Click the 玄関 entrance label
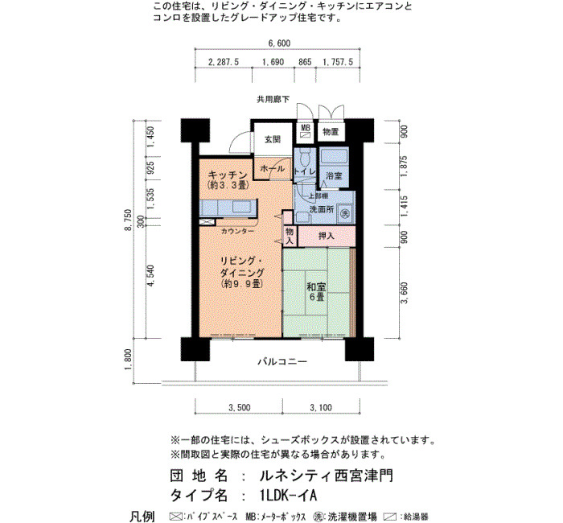click(273, 140)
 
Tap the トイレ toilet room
click(305, 168)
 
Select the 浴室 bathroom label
click(334, 175)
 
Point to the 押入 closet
click(327, 236)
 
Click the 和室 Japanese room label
click(316, 287)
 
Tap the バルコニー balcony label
click(282, 361)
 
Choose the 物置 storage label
click(331, 132)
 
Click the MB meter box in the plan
click(306, 132)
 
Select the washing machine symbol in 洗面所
click(345, 213)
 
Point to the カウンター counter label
click(237, 232)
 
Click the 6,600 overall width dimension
click(279, 43)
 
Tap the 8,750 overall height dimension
click(129, 220)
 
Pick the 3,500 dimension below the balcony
click(240, 408)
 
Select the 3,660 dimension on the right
click(405, 293)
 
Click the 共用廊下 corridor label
click(273, 99)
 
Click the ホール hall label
click(272, 168)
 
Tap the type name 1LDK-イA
click(288, 496)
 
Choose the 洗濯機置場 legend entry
click(345, 517)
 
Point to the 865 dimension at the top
click(305, 62)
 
